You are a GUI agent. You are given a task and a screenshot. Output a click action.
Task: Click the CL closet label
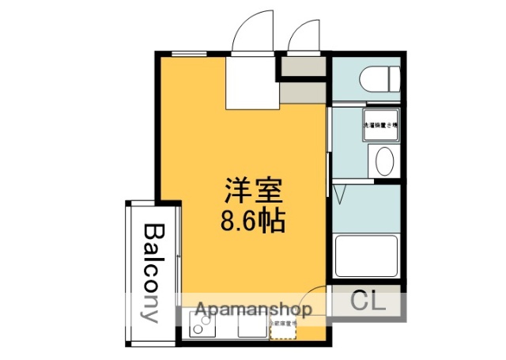[x=366, y=301]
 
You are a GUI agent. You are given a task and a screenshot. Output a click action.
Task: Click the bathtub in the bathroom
[x=368, y=255]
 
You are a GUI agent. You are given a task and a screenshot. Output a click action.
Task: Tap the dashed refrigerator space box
[x=282, y=327]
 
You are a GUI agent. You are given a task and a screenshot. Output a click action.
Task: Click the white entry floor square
[x=251, y=81]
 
